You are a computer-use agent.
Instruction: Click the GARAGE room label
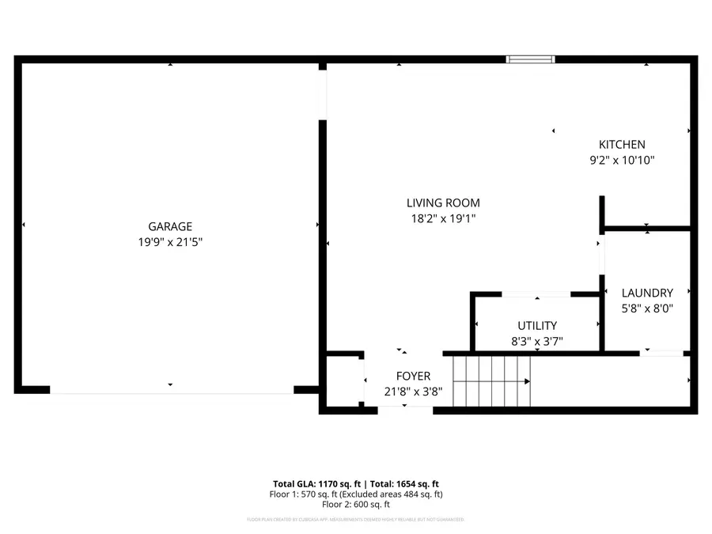point(170,226)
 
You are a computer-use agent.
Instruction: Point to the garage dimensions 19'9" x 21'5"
point(170,243)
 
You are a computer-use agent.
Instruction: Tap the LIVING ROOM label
point(443,203)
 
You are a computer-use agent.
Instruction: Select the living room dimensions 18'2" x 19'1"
point(443,219)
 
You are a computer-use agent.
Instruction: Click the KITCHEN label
point(621,144)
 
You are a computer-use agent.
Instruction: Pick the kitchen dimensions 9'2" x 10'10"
point(621,161)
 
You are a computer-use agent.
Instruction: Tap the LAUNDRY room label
point(646,293)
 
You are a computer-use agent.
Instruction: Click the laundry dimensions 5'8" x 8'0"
point(646,309)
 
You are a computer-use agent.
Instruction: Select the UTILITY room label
point(537,325)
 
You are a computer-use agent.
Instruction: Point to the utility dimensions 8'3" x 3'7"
point(537,342)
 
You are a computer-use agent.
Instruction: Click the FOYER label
point(413,376)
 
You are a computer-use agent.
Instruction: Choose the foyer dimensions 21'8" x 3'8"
point(413,392)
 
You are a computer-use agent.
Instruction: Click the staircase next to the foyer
point(490,381)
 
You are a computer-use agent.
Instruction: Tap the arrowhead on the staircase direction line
point(527,381)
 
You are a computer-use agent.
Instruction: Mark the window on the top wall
point(530,59)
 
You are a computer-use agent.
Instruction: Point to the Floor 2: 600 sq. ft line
point(355,504)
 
